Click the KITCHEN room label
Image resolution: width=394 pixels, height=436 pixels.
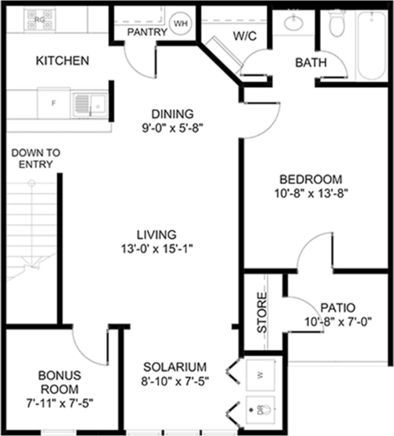[63, 61]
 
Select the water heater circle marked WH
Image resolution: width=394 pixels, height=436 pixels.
[180, 24]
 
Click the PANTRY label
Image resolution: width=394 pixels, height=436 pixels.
[147, 32]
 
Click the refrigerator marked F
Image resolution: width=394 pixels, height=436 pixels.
[54, 103]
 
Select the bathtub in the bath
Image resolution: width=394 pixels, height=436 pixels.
[372, 45]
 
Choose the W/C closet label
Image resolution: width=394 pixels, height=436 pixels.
[245, 36]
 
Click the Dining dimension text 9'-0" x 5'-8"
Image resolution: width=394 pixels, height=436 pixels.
[173, 128]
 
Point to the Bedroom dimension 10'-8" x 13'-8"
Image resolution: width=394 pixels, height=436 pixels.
[311, 193]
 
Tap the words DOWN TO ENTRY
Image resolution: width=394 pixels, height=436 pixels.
[36, 158]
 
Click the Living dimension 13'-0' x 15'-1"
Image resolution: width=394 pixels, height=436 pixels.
[157, 248]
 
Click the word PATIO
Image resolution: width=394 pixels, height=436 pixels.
[338, 307]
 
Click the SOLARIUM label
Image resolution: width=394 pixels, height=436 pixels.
[175, 367]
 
